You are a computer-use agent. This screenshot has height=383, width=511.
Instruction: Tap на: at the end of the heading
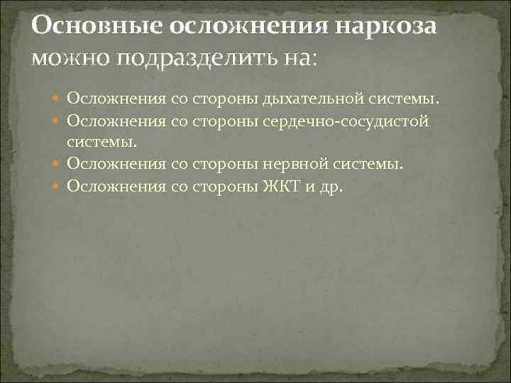[304, 58]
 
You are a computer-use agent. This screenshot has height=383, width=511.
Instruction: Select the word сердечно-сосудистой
[358, 121]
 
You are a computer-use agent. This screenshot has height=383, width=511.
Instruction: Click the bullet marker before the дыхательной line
[58, 98]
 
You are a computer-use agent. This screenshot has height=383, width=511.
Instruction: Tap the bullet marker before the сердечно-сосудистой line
[58, 121]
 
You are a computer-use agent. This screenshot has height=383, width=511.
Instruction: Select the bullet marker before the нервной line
[58, 165]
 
